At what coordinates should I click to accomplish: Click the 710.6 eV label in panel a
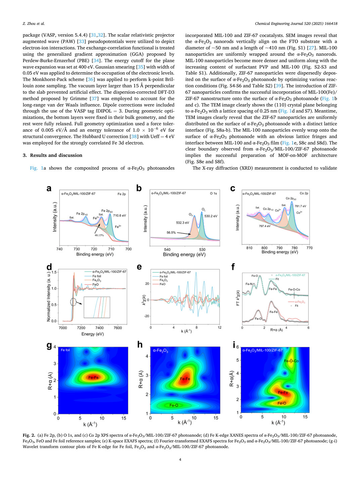click(x=119, y=215)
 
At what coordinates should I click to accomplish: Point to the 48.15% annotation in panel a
click(x=99, y=235)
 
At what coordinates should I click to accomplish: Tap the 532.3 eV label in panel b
click(x=182, y=223)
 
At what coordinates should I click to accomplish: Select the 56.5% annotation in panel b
click(x=171, y=232)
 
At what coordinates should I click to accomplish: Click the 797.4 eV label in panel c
click(x=265, y=226)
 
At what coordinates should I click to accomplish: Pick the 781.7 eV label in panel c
click(x=300, y=206)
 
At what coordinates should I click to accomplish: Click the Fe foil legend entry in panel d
click(x=97, y=276)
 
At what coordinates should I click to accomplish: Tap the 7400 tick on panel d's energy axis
click(x=99, y=328)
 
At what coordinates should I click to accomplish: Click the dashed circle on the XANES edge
click(x=73, y=302)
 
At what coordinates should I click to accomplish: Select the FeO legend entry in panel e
click(x=163, y=284)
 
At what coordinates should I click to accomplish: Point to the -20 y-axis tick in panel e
click(x=146, y=316)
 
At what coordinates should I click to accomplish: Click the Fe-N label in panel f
click(x=249, y=284)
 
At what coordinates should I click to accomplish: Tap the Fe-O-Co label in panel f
click(x=294, y=290)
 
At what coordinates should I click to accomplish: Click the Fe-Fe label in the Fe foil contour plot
click(x=93, y=378)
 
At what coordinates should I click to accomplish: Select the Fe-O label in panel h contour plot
click(x=174, y=405)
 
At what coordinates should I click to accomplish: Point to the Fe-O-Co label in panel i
click(x=291, y=361)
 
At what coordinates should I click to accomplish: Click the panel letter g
click(x=49, y=345)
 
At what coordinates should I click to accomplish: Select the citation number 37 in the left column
click(x=94, y=98)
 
